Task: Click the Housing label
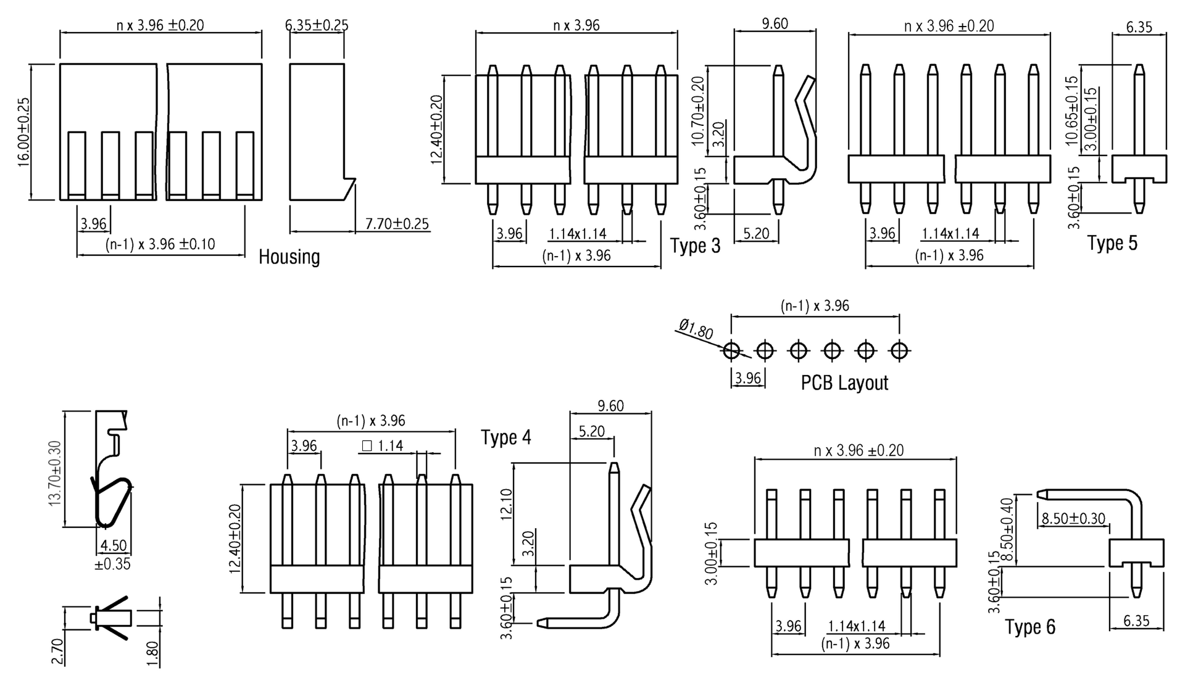point(289,257)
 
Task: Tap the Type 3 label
point(695,246)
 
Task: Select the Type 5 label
point(1112,243)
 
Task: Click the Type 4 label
point(505,437)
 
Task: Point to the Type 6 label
point(1030,627)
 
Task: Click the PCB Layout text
point(844,383)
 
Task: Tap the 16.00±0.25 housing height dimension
point(23,131)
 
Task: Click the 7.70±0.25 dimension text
point(397,223)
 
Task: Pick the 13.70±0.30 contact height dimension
point(54,474)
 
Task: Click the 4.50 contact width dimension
point(113,546)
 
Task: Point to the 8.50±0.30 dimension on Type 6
point(1073,519)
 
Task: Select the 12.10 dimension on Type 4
point(506,505)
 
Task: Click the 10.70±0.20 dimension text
point(697,111)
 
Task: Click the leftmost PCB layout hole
point(731,351)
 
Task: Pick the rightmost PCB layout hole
point(899,351)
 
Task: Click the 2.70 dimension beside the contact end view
point(57,651)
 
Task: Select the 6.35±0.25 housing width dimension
point(317,25)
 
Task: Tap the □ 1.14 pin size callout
point(383,445)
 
